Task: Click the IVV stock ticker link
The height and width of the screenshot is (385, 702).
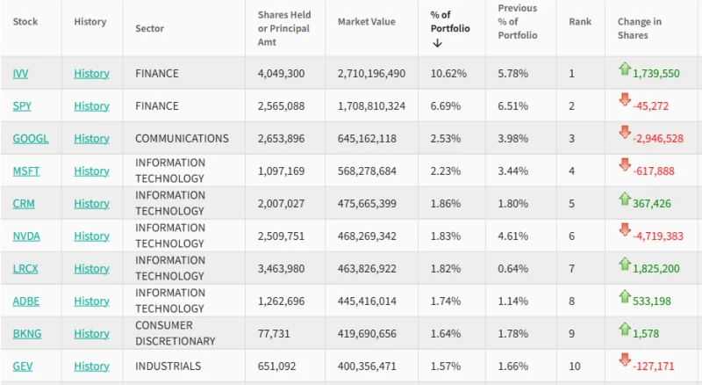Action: (21, 74)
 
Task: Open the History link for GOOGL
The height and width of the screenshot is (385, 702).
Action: (91, 139)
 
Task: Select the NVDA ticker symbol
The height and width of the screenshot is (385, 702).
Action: (26, 236)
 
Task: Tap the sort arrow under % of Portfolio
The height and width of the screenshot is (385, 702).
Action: (437, 43)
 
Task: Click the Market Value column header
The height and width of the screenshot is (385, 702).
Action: (366, 22)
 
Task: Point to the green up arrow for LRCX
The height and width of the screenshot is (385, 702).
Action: (625, 264)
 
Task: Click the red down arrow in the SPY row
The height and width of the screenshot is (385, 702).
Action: (625, 101)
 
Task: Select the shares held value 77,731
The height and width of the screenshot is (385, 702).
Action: (276, 334)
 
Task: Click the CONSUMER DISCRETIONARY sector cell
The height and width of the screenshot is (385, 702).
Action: (175, 333)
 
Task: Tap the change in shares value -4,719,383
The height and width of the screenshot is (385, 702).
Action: (657, 236)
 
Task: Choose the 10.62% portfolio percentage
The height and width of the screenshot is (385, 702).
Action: (448, 74)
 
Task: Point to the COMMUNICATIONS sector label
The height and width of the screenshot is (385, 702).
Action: (182, 139)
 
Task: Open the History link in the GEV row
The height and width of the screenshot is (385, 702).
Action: (91, 367)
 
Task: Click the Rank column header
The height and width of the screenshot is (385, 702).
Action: (580, 22)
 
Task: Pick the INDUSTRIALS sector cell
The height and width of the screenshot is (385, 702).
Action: (168, 367)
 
